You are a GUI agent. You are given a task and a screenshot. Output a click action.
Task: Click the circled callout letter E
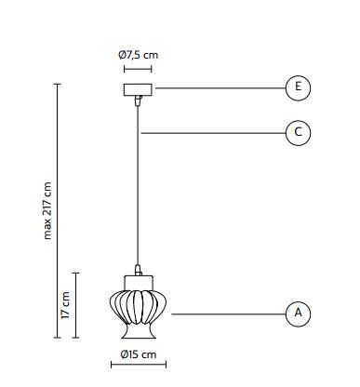[x=298, y=87]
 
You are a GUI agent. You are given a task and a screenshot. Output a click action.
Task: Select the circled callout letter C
[x=298, y=132]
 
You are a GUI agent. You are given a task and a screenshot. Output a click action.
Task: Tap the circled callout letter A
[x=298, y=313]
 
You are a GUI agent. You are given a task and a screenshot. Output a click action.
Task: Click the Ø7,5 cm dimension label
[x=138, y=55]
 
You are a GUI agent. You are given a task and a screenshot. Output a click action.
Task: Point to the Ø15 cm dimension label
[x=139, y=354]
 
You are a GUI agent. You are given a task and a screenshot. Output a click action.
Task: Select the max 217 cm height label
[x=47, y=211]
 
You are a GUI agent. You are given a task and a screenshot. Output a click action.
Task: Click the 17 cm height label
[x=65, y=305]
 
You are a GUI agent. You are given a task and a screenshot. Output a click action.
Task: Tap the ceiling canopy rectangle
[x=138, y=89]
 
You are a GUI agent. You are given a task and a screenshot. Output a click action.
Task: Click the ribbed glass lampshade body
[x=138, y=307]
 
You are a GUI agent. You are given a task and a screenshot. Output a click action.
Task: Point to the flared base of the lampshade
[x=139, y=331]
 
